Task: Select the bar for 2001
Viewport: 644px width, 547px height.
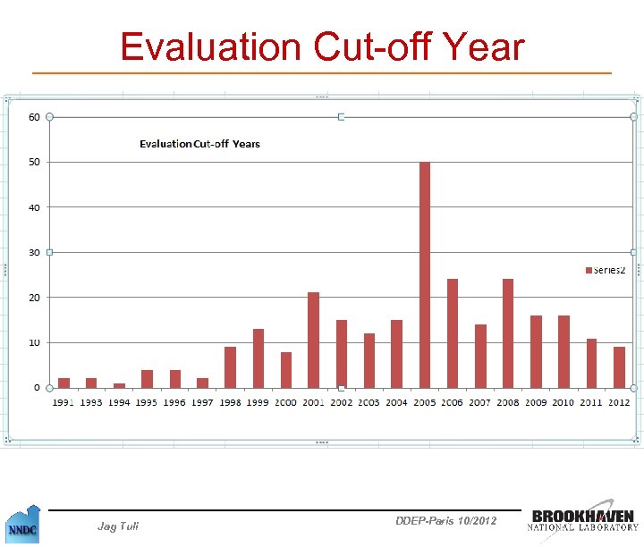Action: pyautogui.click(x=313, y=340)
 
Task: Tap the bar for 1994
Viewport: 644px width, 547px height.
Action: pyautogui.click(x=119, y=385)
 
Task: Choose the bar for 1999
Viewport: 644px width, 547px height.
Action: pyautogui.click(x=258, y=358)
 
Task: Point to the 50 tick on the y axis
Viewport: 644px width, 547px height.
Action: pyautogui.click(x=33, y=162)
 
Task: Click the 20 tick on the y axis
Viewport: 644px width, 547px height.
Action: pyautogui.click(x=33, y=297)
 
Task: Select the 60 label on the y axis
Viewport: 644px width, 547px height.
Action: pyautogui.click(x=33, y=117)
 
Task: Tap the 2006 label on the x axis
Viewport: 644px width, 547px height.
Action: pyautogui.click(x=453, y=403)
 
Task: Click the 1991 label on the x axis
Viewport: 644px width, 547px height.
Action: pyautogui.click(x=64, y=403)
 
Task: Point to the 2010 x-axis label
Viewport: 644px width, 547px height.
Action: pyautogui.click(x=563, y=403)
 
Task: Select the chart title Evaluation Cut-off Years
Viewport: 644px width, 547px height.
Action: pyautogui.click(x=199, y=144)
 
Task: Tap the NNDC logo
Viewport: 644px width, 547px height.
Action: pyautogui.click(x=22, y=524)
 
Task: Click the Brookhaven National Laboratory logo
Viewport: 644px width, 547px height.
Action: pyautogui.click(x=585, y=520)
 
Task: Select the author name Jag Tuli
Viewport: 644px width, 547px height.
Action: pyautogui.click(x=117, y=526)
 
